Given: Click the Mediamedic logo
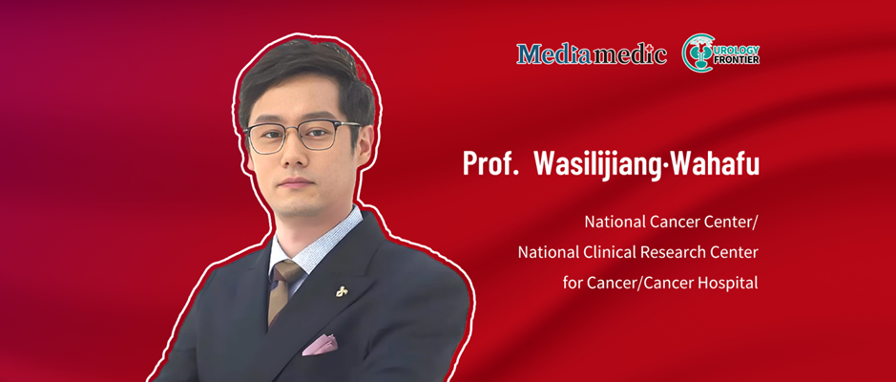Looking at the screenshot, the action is click(592, 53).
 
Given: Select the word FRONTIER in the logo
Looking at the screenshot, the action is click(738, 59).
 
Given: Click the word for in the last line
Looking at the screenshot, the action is click(570, 283).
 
